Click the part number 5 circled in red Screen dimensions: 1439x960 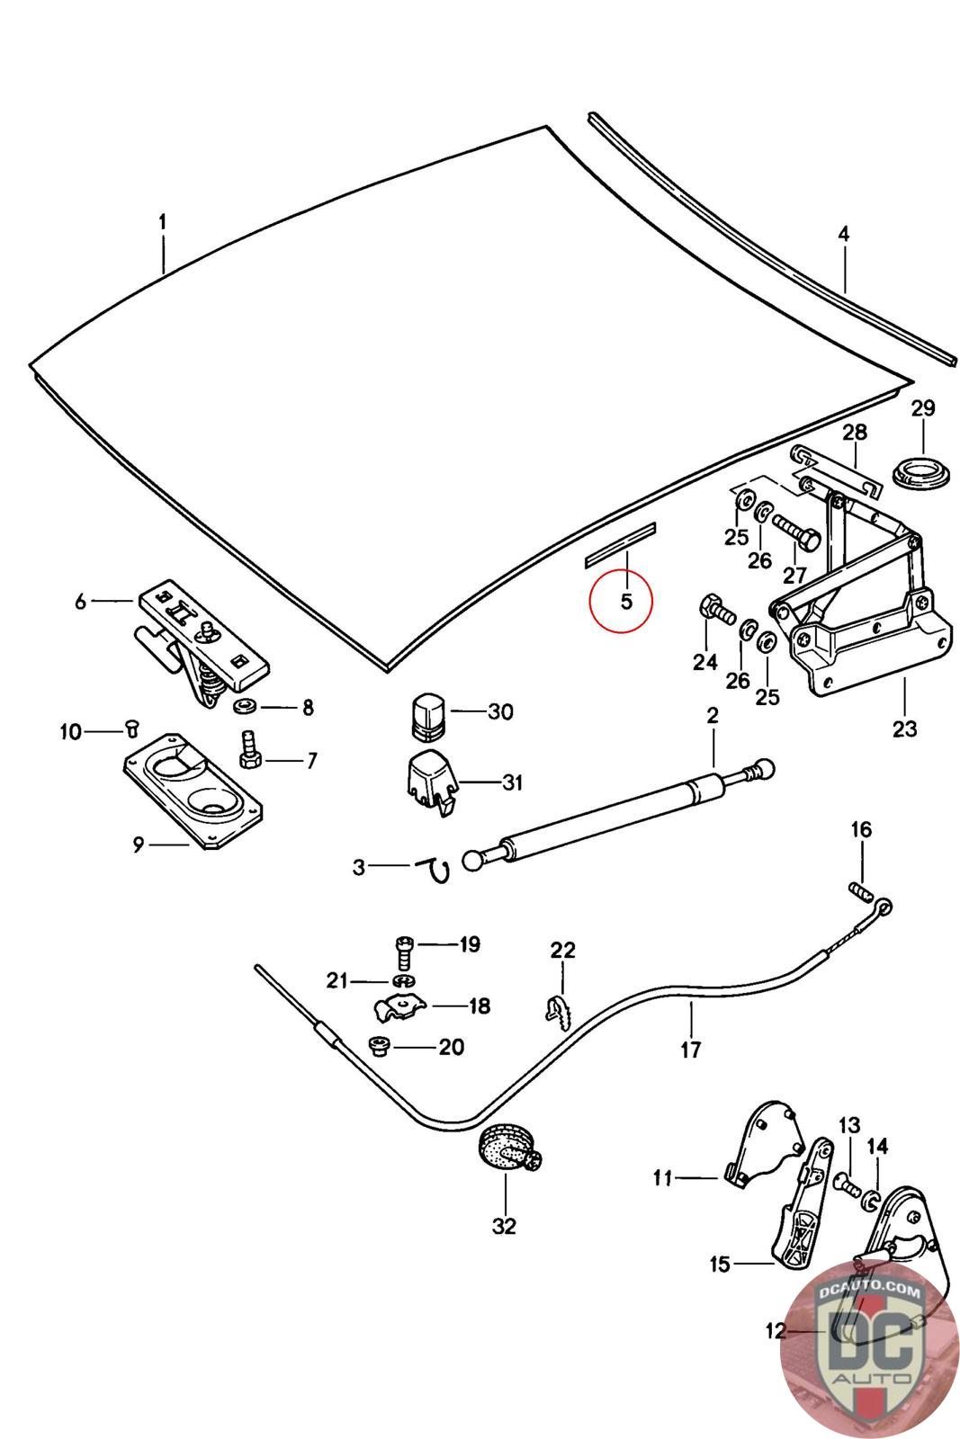pyautogui.click(x=626, y=601)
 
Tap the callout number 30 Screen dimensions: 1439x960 pyautogui.click(x=500, y=711)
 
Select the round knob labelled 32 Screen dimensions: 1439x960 pyautogui.click(x=506, y=1150)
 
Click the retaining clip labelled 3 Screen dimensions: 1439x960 pyautogui.click(x=436, y=868)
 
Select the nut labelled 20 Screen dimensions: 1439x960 pyautogui.click(x=379, y=1047)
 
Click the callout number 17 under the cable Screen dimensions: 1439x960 pyautogui.click(x=691, y=1049)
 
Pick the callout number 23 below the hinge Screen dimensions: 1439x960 pyautogui.click(x=904, y=728)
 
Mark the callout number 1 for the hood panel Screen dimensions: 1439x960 pyautogui.click(x=163, y=221)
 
